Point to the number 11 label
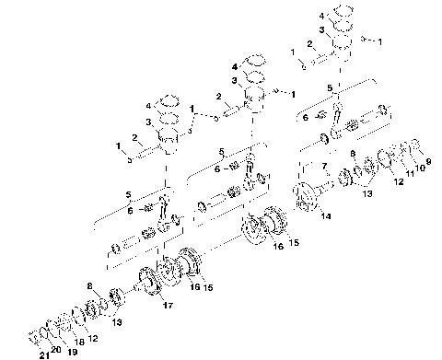coord(409,173)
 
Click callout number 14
coord(325,218)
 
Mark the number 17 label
coord(167,304)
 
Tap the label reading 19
coord(72,351)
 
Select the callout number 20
coord(56,351)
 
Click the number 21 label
coord(41,354)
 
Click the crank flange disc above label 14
coord(303,197)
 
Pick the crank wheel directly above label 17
coord(147,278)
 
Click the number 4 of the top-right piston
coord(321,16)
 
